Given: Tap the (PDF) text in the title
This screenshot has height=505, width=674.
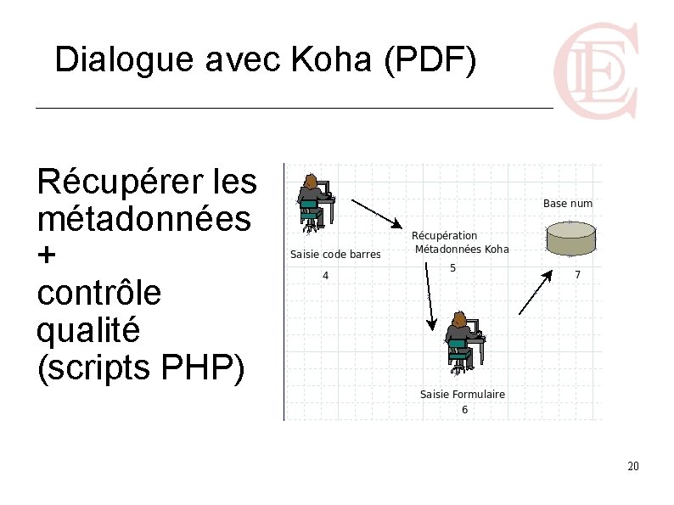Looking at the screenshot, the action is click(x=430, y=59).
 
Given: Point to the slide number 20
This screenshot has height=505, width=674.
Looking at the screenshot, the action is click(x=632, y=467).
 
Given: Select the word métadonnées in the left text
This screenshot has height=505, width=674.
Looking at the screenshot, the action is click(x=143, y=218).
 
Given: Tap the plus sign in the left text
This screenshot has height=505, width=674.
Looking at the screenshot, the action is click(x=48, y=255).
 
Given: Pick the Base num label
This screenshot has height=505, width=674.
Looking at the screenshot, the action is click(x=568, y=204).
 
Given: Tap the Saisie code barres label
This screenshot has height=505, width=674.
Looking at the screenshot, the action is click(x=335, y=254).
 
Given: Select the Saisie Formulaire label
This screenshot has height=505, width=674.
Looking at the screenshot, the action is click(x=463, y=394).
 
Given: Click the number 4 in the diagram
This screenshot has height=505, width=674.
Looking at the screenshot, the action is click(x=325, y=275).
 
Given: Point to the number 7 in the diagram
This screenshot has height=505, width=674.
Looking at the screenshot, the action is click(x=578, y=275).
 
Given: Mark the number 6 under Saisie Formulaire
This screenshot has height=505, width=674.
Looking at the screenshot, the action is click(x=464, y=410).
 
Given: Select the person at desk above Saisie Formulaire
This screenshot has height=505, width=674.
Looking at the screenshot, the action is click(x=464, y=342).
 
